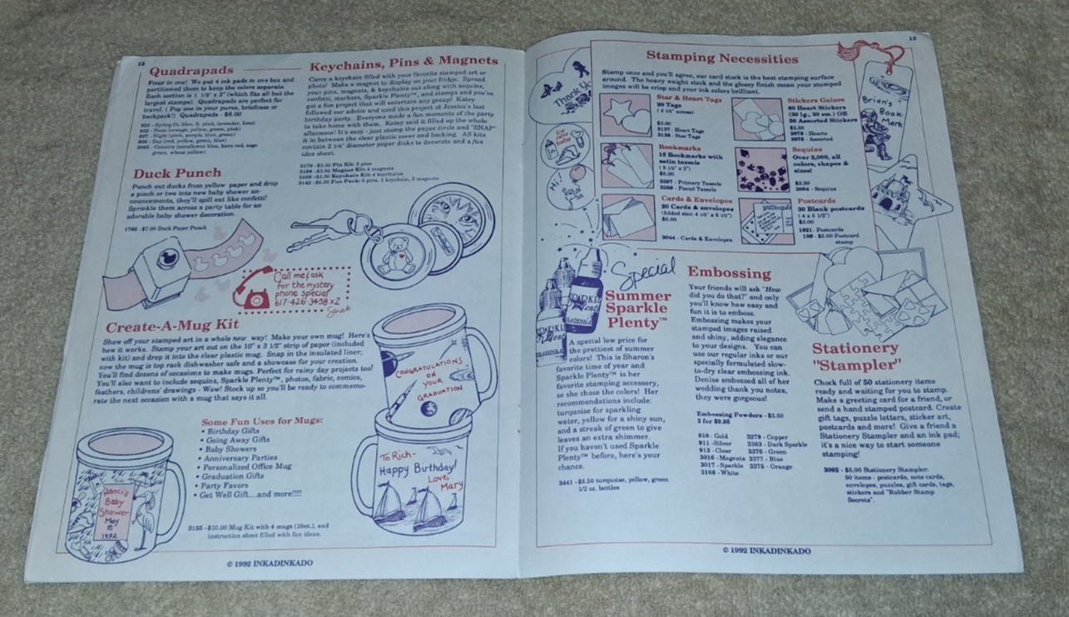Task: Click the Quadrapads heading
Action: (187, 71)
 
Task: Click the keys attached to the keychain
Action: (315, 234)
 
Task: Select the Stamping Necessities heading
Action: (722, 58)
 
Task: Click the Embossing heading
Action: (729, 272)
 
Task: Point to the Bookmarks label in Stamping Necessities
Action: (678, 147)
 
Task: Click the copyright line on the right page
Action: (766, 550)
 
